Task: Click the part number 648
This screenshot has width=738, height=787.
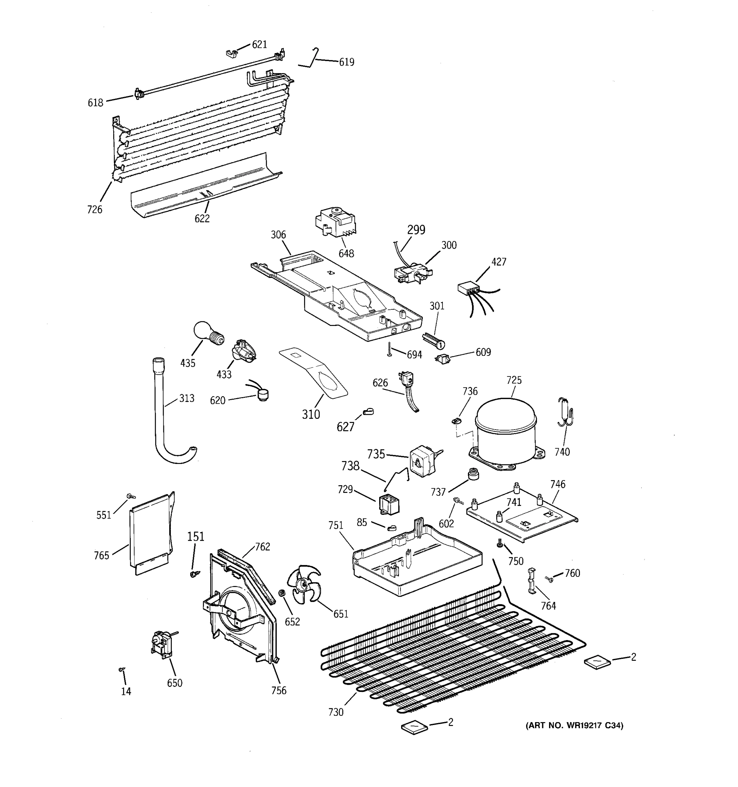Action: [x=346, y=253]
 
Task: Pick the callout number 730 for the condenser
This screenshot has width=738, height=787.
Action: [x=336, y=712]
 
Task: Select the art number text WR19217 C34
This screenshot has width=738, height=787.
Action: [x=574, y=726]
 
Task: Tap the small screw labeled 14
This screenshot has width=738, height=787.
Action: [x=122, y=669]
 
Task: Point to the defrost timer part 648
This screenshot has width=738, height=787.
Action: [x=335, y=222]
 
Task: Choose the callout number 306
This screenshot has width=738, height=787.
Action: [x=278, y=235]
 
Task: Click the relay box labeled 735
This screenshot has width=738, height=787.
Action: [x=422, y=461]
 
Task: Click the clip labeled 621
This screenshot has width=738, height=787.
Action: [x=231, y=53]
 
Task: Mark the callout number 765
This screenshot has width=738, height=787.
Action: [x=101, y=555]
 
